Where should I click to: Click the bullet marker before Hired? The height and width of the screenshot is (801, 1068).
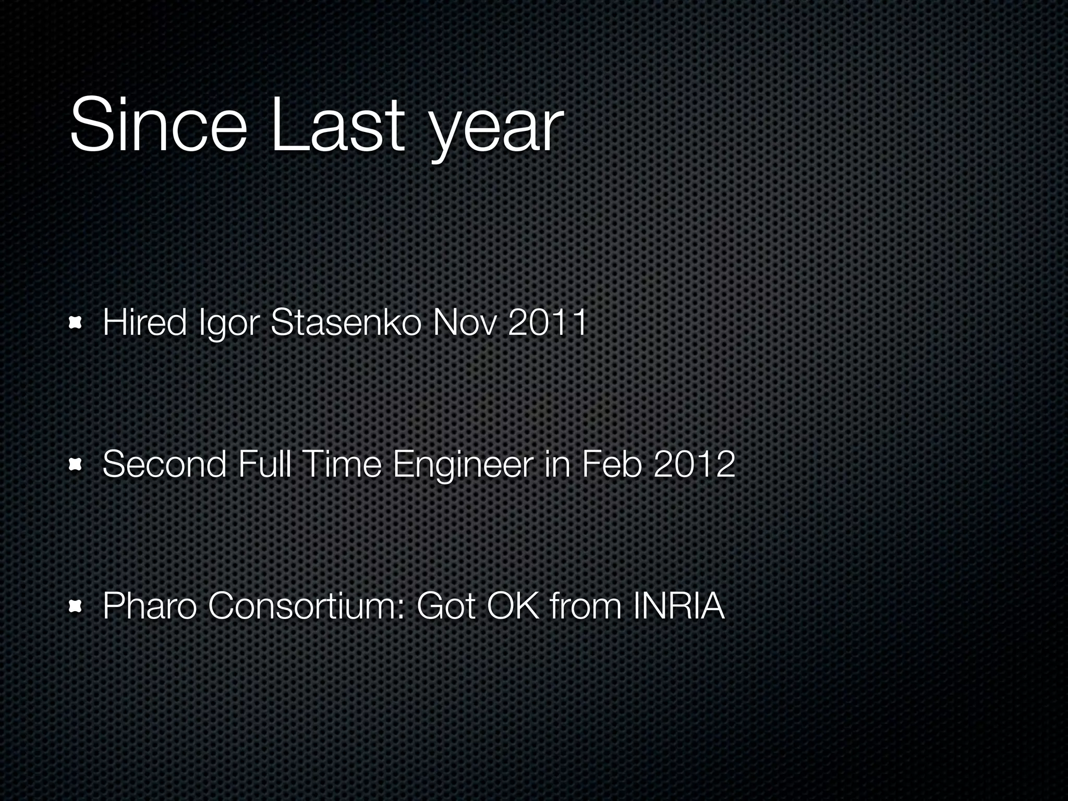[x=76, y=324]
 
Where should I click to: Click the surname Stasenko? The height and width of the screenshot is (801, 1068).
[x=346, y=322]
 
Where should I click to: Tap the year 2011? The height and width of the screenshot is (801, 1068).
[x=547, y=322]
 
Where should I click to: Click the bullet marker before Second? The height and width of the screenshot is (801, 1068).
[x=76, y=465]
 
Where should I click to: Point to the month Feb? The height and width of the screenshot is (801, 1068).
[x=611, y=464]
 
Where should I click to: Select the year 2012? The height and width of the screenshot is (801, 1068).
[x=694, y=464]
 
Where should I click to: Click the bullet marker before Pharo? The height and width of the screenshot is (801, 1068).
[x=76, y=606]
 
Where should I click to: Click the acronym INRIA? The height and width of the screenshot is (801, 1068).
[x=678, y=606]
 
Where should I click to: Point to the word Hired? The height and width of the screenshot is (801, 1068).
[x=144, y=322]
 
